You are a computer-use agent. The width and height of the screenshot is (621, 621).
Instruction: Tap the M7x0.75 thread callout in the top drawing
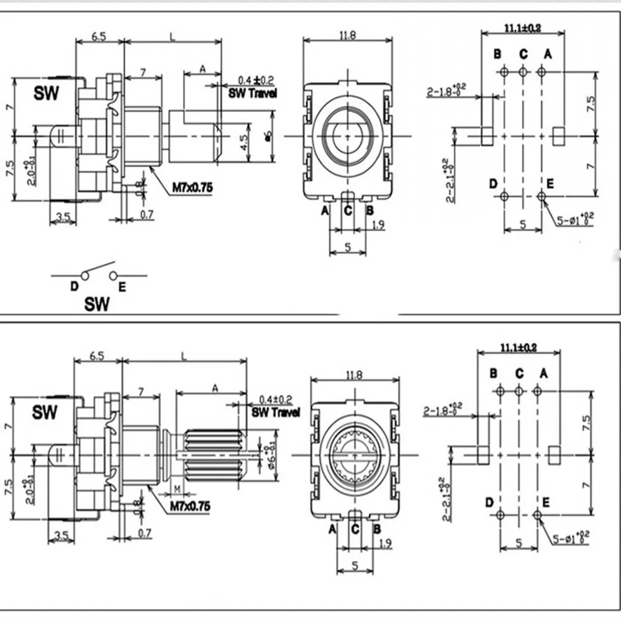tap(180, 186)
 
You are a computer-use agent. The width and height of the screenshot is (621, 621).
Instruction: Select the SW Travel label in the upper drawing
tap(249, 93)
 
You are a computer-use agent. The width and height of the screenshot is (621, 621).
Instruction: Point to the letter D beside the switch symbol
tap(74, 286)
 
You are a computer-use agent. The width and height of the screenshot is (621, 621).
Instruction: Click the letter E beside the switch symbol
tap(122, 286)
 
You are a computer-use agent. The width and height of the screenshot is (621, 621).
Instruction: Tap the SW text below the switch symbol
tap(97, 304)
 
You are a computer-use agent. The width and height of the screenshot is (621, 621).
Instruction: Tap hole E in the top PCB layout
tap(542, 197)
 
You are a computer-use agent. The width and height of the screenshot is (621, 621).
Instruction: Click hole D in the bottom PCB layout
tap(501, 515)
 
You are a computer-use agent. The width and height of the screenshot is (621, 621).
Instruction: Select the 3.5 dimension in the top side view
tap(63, 217)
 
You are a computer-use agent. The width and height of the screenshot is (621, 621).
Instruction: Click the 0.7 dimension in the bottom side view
tap(145, 533)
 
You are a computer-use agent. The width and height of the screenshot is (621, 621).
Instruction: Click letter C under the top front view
tap(348, 211)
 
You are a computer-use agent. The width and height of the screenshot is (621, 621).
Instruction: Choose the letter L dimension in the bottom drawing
tap(184, 355)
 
